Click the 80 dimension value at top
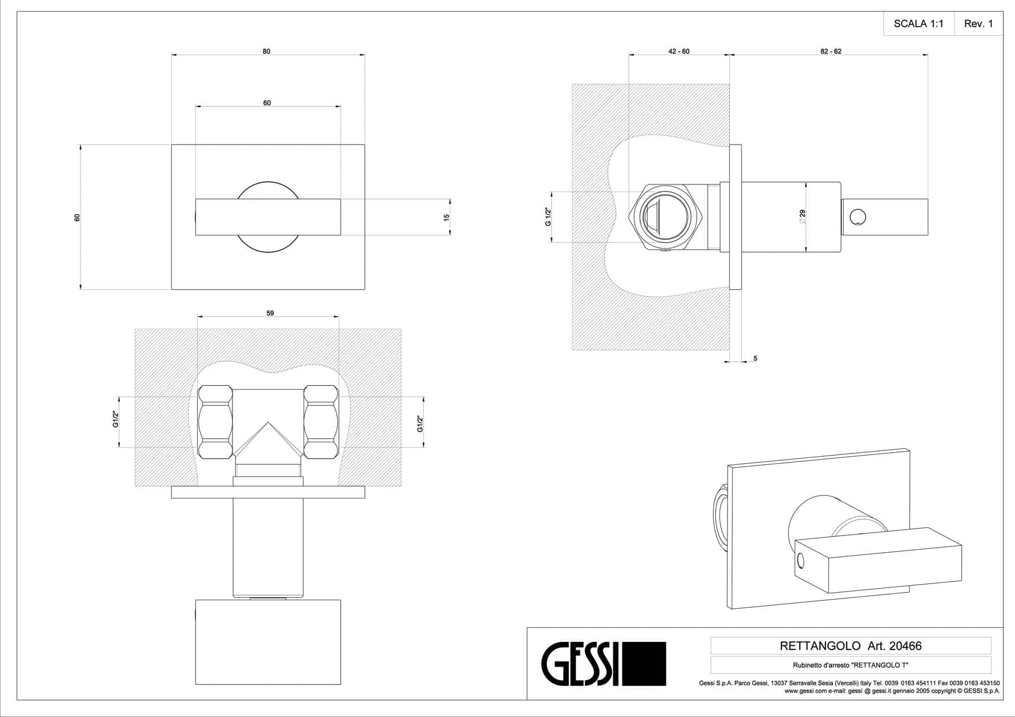[x=266, y=51]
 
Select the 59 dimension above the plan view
[x=270, y=313]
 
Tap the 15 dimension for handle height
[x=446, y=217]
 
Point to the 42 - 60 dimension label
[x=679, y=51]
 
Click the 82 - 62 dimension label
[x=831, y=51]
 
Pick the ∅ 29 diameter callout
[x=802, y=217]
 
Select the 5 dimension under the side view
[x=755, y=358]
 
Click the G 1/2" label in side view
[x=548, y=217]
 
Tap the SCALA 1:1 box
[x=918, y=24]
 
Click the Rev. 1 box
[x=979, y=24]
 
